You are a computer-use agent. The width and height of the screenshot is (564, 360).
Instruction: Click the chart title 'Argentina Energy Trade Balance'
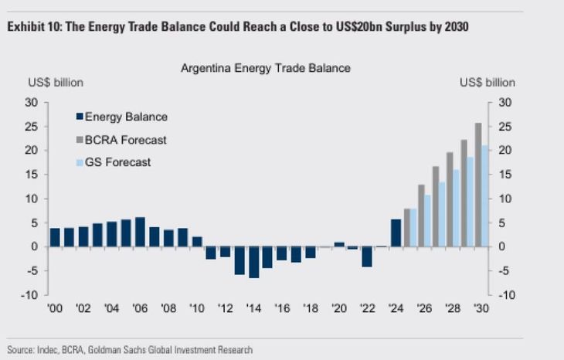click(266, 68)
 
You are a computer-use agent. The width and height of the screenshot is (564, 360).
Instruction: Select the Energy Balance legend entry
click(126, 117)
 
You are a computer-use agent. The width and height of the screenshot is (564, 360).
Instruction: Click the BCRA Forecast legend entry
click(125, 140)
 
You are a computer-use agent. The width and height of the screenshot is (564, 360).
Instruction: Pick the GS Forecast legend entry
click(117, 162)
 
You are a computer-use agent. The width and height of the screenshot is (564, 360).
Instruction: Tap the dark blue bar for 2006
click(140, 232)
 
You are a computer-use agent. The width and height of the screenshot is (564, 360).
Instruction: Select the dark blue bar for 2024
click(396, 233)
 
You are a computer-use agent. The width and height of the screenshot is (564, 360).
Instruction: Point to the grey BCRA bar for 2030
click(478, 185)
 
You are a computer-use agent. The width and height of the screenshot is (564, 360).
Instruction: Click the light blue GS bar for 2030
click(485, 196)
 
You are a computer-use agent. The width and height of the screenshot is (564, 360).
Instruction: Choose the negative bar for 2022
click(367, 256)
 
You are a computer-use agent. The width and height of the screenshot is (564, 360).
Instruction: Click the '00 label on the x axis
click(56, 307)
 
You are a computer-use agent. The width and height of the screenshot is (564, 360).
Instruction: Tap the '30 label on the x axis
click(481, 307)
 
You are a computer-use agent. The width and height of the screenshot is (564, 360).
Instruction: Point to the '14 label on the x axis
click(253, 307)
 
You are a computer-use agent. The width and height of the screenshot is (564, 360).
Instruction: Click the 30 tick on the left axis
click(35, 103)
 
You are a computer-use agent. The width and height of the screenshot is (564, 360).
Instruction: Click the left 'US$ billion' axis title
click(56, 83)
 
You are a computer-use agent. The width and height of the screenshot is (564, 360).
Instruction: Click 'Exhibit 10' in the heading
click(32, 26)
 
